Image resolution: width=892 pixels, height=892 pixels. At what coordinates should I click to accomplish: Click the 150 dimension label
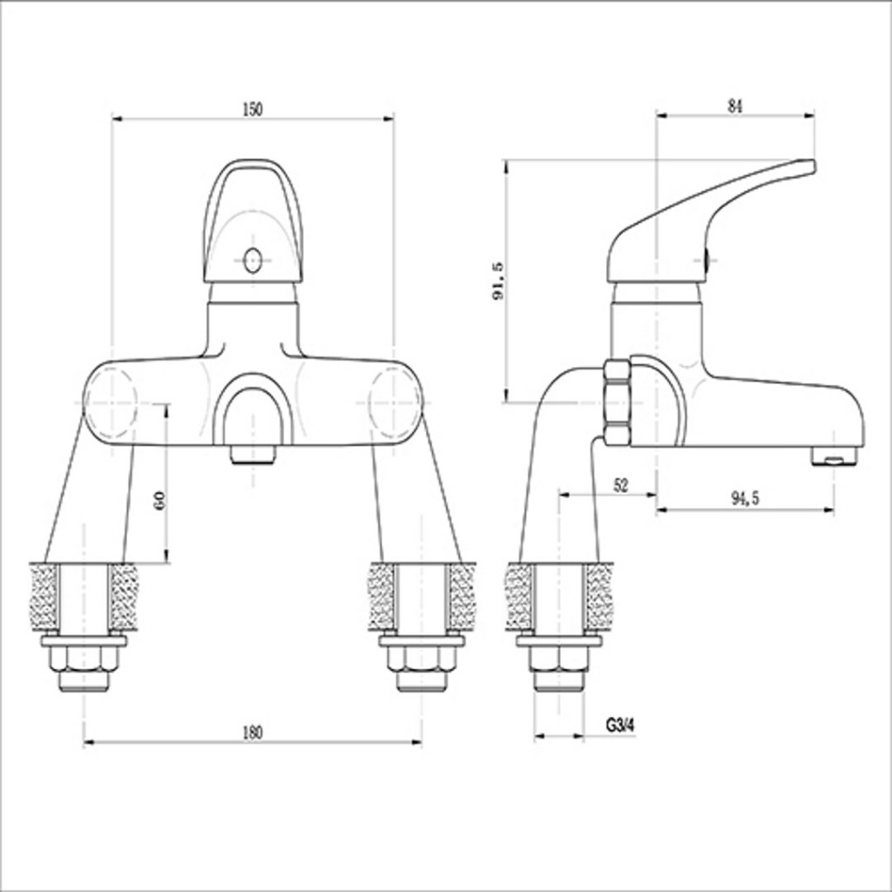point(252,109)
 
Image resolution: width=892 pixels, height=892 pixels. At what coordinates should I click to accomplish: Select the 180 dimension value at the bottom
point(251,732)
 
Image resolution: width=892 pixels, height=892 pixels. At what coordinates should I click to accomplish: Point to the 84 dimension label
point(734,105)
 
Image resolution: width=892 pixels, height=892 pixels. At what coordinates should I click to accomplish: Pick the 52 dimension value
point(620,486)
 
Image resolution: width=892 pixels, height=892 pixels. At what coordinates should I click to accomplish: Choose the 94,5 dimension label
point(745,498)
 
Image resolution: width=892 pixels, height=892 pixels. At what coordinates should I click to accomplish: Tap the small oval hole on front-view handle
point(253,260)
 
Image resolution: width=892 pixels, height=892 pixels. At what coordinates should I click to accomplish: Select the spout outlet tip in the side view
point(835,455)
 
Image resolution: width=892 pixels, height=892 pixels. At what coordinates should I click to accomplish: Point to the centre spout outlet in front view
point(253,453)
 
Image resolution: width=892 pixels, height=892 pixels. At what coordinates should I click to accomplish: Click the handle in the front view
point(253,226)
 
